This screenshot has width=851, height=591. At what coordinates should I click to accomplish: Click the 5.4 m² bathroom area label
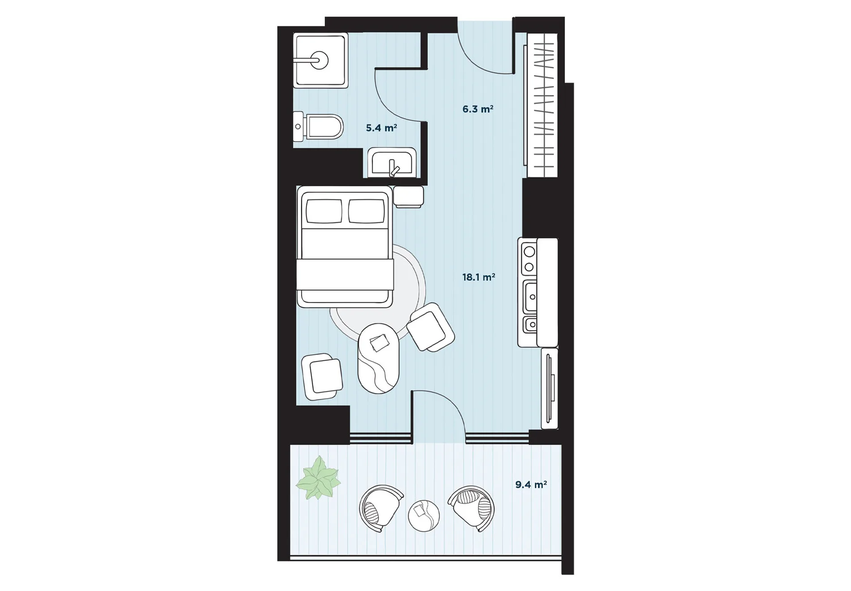(381, 128)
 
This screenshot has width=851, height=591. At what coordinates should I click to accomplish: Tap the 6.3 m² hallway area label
(478, 109)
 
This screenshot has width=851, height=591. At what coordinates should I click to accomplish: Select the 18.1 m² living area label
(478, 277)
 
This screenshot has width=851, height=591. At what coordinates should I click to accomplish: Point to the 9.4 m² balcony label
(531, 484)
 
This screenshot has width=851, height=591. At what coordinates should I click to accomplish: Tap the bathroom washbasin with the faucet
(392, 163)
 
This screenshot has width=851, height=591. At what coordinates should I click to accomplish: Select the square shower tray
(321, 60)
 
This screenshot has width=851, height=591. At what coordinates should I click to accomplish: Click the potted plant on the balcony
(318, 478)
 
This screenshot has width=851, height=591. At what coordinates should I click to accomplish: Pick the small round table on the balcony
(424, 516)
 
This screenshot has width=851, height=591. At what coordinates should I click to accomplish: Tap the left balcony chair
(380, 508)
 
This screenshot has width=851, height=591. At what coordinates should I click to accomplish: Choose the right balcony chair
(472, 508)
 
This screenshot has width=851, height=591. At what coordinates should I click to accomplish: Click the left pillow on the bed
(324, 211)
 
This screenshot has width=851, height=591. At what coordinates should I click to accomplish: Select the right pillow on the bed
(366, 211)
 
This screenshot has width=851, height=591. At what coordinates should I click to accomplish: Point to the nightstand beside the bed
(408, 197)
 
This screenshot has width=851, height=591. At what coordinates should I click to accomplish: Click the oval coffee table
(378, 358)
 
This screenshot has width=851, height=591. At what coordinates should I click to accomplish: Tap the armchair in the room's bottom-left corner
(322, 376)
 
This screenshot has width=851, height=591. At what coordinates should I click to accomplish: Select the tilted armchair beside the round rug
(430, 327)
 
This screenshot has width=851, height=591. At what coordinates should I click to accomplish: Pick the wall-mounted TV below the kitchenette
(550, 388)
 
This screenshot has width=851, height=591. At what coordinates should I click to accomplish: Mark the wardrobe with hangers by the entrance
(542, 105)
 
